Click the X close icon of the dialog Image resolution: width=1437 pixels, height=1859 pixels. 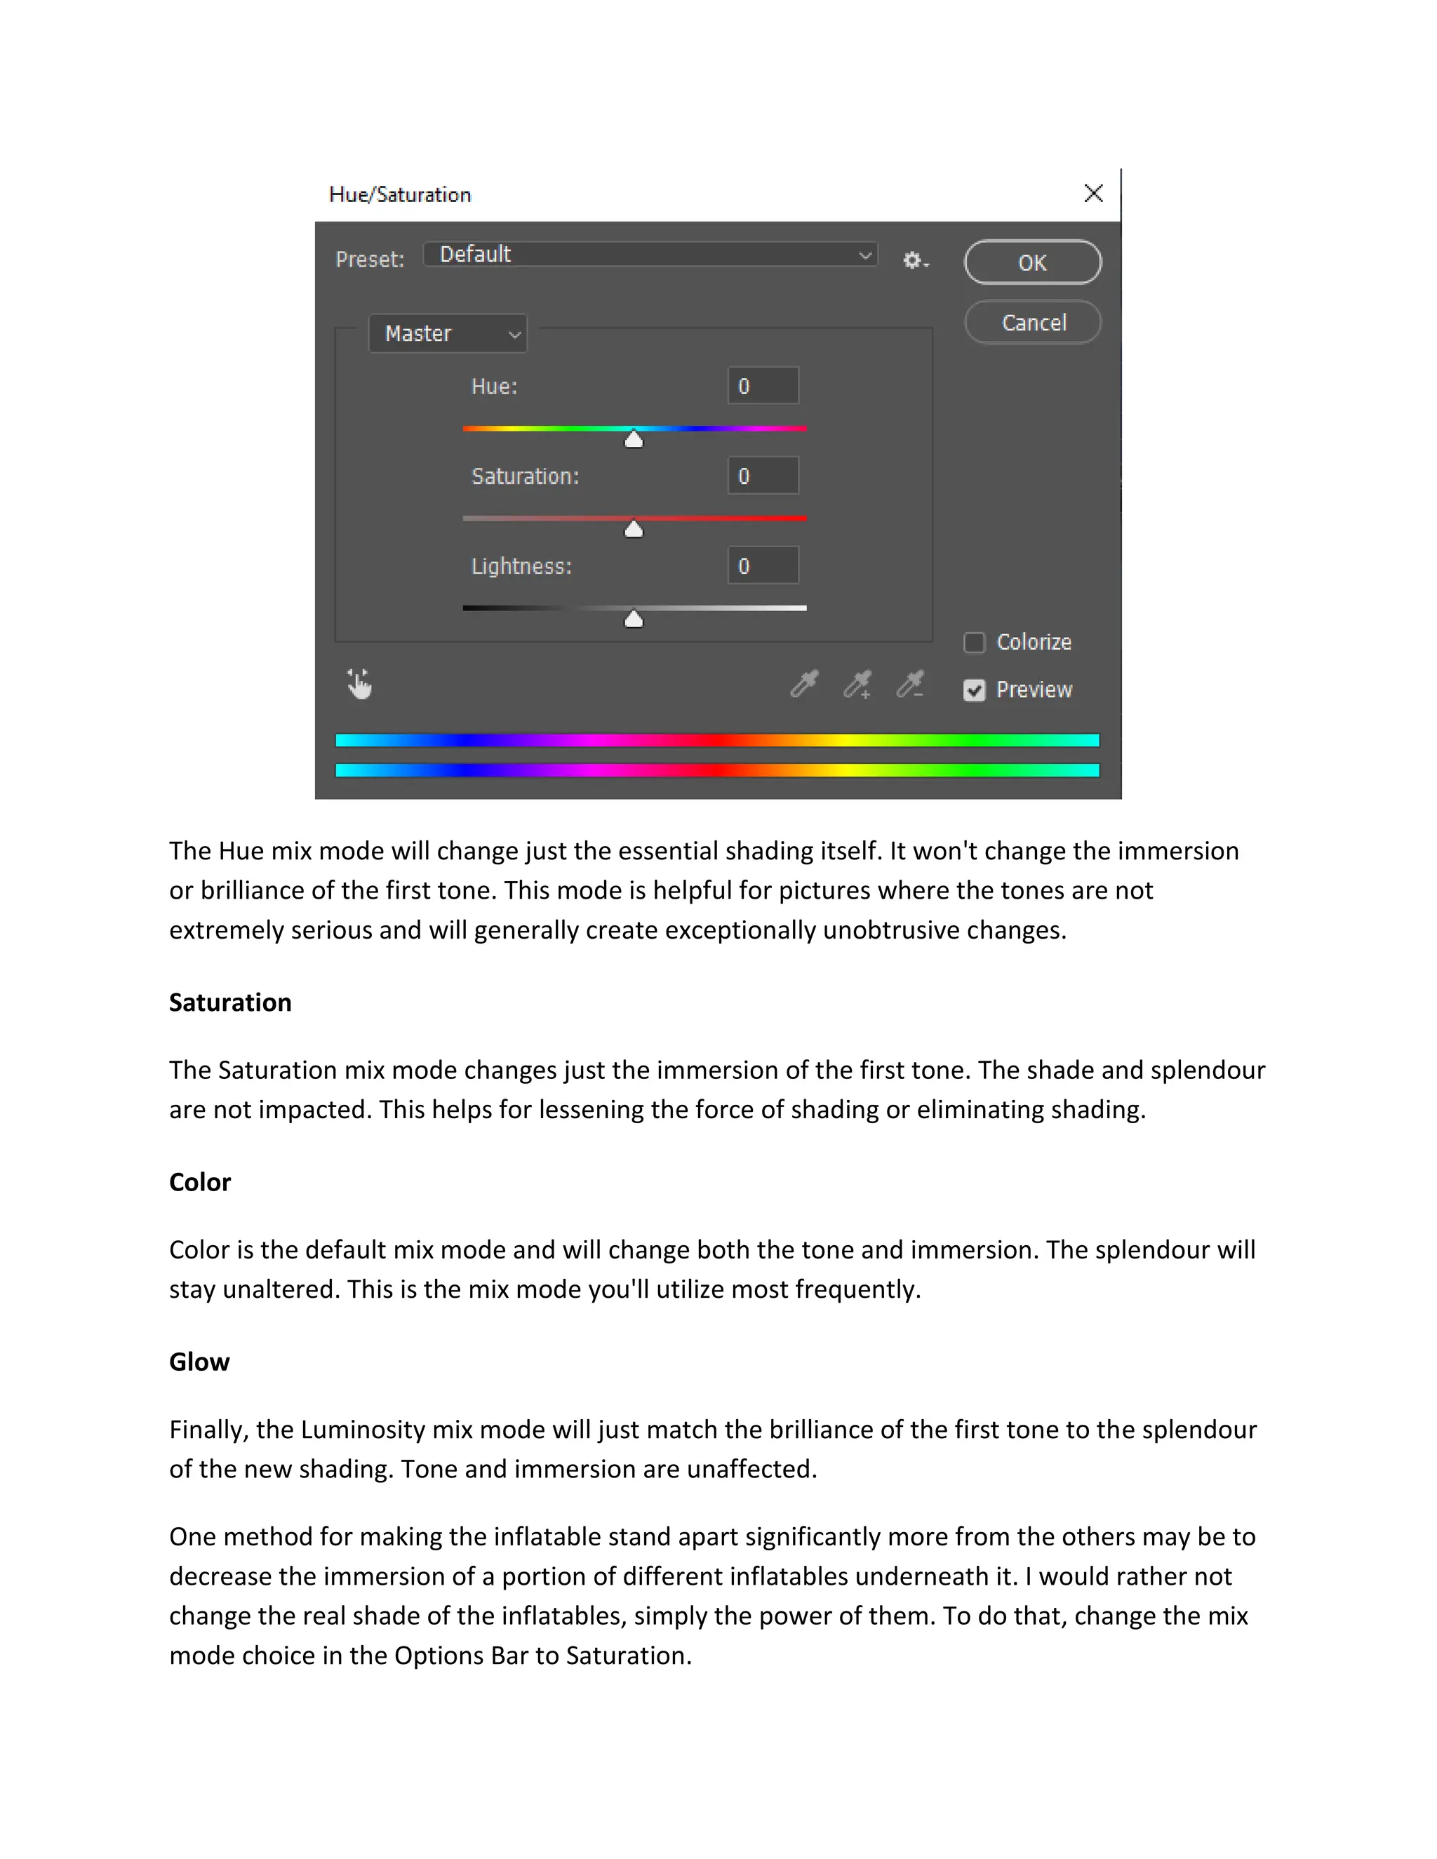pyautogui.click(x=1093, y=193)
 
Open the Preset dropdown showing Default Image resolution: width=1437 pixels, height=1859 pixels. pyautogui.click(x=650, y=255)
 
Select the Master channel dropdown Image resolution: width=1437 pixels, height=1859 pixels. pyautogui.click(x=448, y=334)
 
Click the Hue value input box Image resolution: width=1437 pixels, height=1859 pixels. pyautogui.click(x=763, y=386)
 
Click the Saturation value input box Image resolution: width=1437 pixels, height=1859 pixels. pyautogui.click(x=763, y=476)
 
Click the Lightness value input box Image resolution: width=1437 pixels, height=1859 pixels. pyautogui.click(x=763, y=566)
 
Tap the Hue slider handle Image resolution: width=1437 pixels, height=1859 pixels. pyautogui.click(x=634, y=439)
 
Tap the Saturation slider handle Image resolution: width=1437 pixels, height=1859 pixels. pyautogui.click(x=634, y=530)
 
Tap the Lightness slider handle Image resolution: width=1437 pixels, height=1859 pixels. pyautogui.click(x=634, y=619)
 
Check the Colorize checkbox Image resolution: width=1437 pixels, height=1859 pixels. pyautogui.click(x=974, y=642)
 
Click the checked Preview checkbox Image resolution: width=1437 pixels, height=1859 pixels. pyautogui.click(x=974, y=690)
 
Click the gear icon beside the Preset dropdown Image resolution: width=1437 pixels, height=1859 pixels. pyautogui.click(x=914, y=260)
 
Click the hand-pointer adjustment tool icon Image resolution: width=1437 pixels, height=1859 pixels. pyautogui.click(x=359, y=683)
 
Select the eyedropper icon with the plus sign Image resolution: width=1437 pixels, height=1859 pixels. pyautogui.click(x=857, y=683)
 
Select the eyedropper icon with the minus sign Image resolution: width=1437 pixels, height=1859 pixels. pyautogui.click(x=910, y=683)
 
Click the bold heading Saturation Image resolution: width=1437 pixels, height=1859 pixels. pyautogui.click(x=230, y=1002)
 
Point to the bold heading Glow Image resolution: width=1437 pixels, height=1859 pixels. pyautogui.click(x=199, y=1361)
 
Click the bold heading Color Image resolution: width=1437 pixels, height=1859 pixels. pyautogui.click(x=200, y=1181)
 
